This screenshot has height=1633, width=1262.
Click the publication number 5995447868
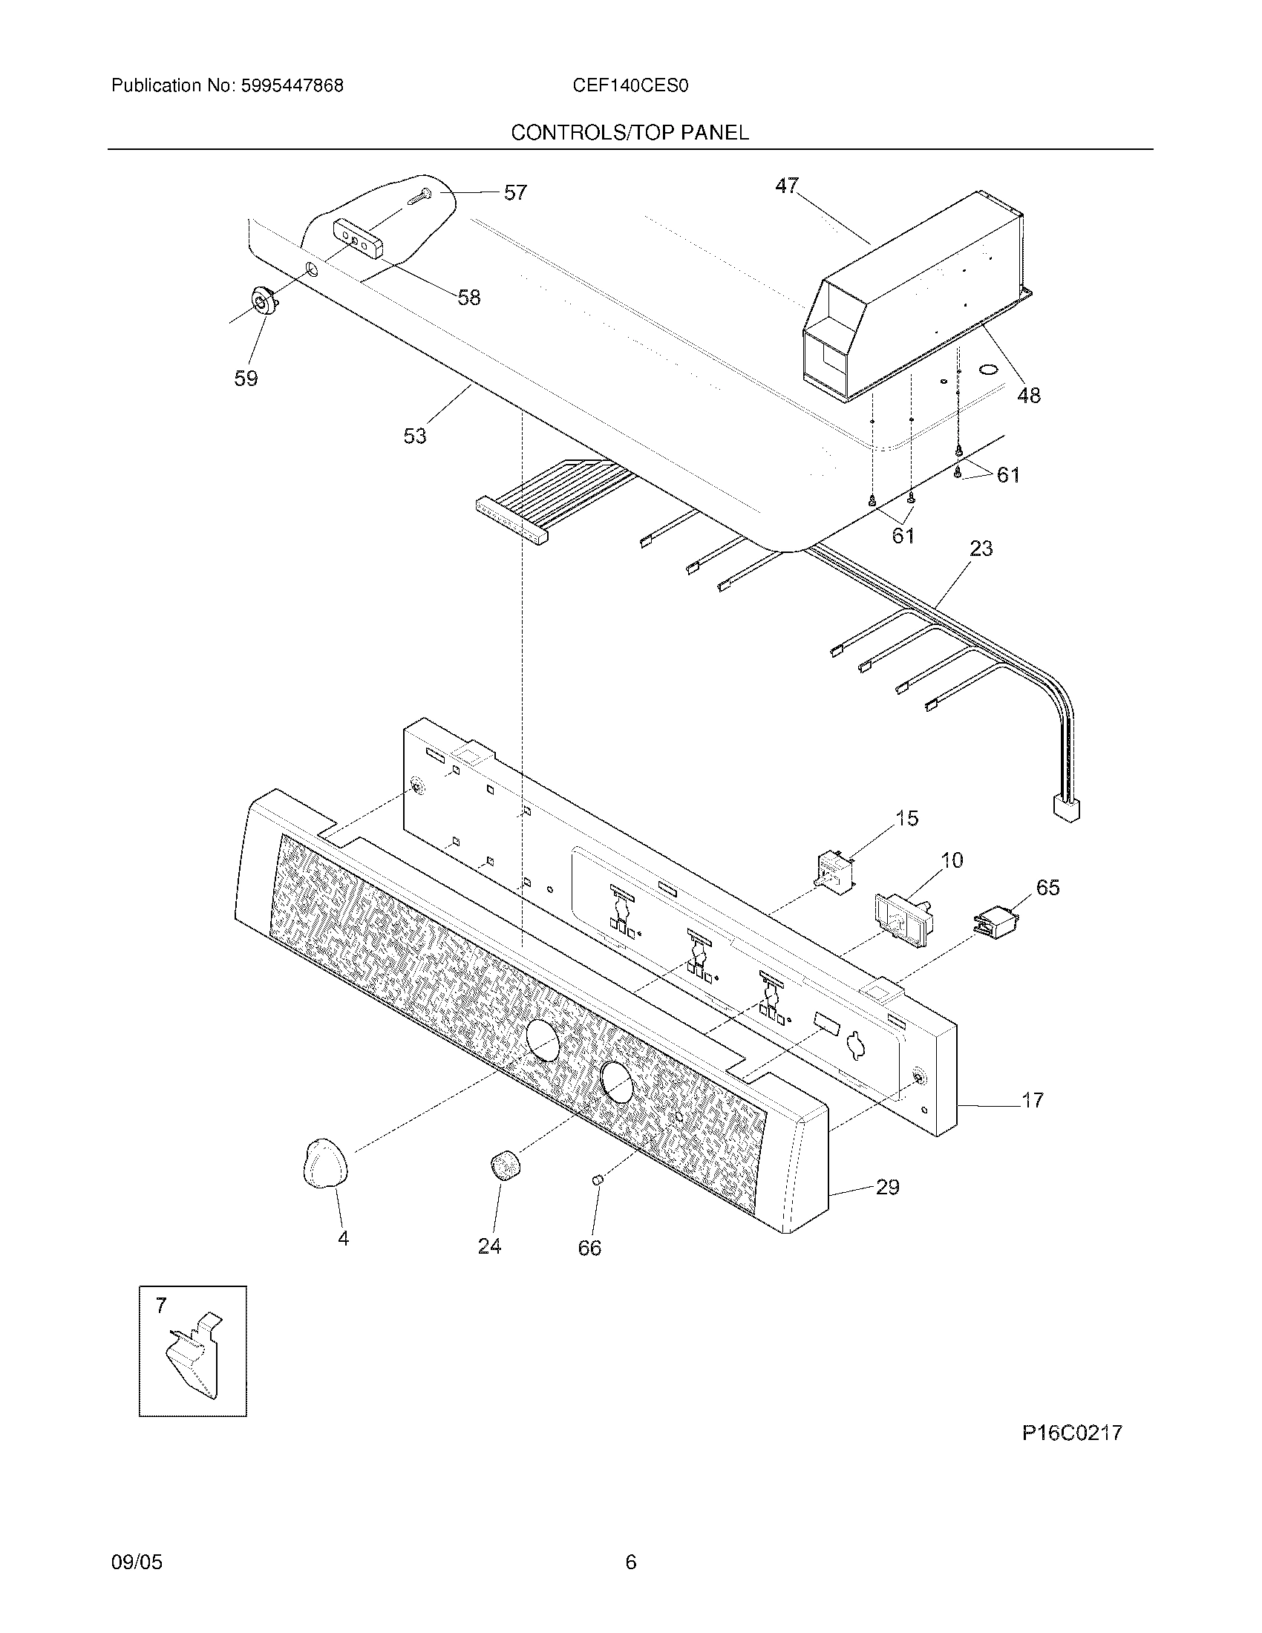[x=292, y=86]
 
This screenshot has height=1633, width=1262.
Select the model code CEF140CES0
[x=630, y=86]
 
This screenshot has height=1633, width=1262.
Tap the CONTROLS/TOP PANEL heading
[x=630, y=133]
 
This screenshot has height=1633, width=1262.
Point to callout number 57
[x=515, y=193]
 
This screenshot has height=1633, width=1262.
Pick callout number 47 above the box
[x=786, y=185]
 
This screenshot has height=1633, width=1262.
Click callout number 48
[x=1029, y=396]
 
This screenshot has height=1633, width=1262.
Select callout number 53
[x=415, y=436]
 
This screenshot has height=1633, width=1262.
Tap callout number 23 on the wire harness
[x=981, y=549]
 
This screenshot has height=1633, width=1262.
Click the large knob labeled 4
[x=325, y=1165]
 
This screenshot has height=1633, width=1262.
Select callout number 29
[x=887, y=1188]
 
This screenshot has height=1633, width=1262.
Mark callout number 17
[x=1032, y=1100]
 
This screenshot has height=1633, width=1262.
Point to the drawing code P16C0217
[x=1072, y=1433]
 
